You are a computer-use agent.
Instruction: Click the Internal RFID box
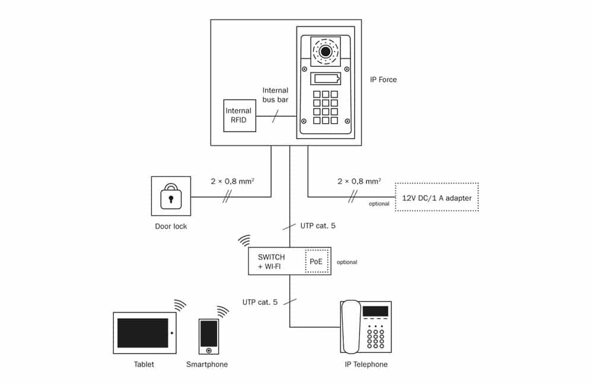coord(240,115)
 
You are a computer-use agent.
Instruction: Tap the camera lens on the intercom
coord(325,51)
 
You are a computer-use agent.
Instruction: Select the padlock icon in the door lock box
coord(171,197)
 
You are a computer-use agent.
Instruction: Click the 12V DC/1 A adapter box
coord(437,197)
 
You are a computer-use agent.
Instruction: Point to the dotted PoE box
coord(317,261)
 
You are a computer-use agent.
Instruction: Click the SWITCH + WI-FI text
coord(271,261)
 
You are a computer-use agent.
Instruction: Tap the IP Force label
coord(383,80)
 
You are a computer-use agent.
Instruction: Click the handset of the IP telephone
coord(350,327)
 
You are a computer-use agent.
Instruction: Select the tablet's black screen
coord(142,333)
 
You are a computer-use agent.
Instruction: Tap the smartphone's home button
coord(209,351)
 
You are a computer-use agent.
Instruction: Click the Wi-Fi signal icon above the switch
coord(245,240)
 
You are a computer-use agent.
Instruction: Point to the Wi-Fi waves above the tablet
coord(180,305)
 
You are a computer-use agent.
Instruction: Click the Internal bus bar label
coord(275,95)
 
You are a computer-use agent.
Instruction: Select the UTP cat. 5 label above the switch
coord(318,226)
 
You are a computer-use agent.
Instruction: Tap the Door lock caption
coord(171,226)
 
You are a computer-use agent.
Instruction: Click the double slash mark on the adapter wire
coord(352,197)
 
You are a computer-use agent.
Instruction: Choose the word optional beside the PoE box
coord(347,262)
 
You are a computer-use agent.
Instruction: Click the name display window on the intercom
coord(326,79)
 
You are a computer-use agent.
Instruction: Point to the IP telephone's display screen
coord(375,312)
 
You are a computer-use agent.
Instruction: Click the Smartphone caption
coord(207,364)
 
